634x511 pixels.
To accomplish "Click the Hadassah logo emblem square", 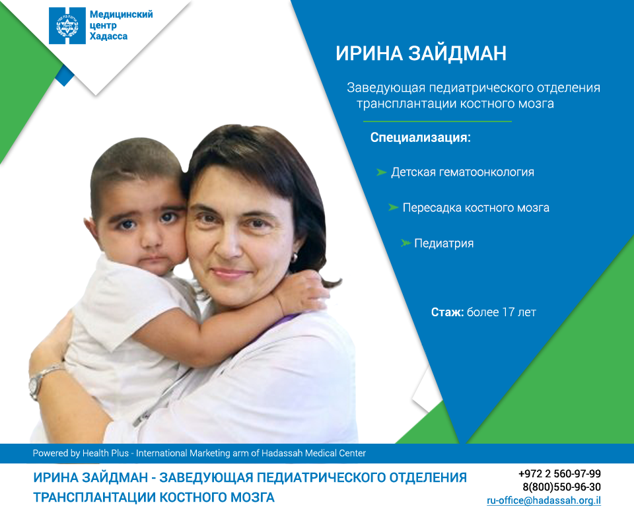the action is pos(67,26).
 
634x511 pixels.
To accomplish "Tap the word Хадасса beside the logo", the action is pos(108,36).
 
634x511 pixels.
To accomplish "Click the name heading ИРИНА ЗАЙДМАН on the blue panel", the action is pos(421,53).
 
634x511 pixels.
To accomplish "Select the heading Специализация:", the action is pos(421,137).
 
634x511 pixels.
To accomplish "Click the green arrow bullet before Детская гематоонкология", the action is pos(381,172).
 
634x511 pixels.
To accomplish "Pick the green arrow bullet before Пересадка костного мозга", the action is pos(394,207).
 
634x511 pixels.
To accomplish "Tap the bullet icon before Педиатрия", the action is pos(405,243).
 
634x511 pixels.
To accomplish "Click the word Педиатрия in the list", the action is pos(444,244).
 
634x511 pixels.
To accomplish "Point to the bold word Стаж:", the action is pos(447,312).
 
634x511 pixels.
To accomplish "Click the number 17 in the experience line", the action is pos(509,312).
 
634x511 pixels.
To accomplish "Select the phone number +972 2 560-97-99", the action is pos(559,473).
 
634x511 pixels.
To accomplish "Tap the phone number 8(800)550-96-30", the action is pos(561,487).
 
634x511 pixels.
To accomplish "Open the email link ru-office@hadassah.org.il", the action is pos(544,500).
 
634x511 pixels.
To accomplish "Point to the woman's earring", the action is pos(293,256).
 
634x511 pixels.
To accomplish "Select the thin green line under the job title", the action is pos(437,121).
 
